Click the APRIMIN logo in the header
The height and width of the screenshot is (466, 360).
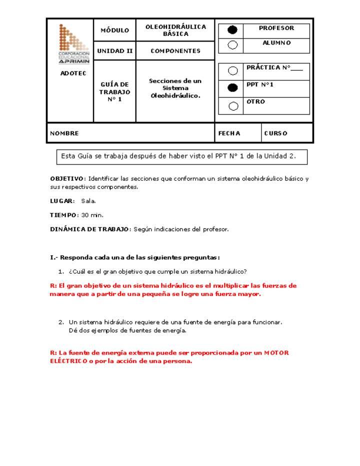pyautogui.click(x=73, y=43)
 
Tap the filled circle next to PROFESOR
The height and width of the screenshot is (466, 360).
pyautogui.click(x=232, y=30)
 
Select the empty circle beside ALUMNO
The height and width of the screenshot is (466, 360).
pyautogui.click(x=232, y=45)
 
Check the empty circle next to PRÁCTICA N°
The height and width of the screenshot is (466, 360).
pyautogui.click(x=232, y=70)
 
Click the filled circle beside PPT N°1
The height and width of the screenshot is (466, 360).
pyautogui.click(x=232, y=88)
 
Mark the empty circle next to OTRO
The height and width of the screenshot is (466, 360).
pyautogui.click(x=232, y=105)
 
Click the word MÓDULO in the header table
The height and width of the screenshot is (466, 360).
pyautogui.click(x=114, y=30)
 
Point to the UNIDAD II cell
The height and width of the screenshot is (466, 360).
pyautogui.click(x=114, y=51)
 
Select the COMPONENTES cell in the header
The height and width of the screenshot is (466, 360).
pyautogui.click(x=175, y=51)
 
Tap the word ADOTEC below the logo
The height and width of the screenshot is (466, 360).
pyautogui.click(x=73, y=73)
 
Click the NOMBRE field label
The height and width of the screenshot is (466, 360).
pyautogui.click(x=64, y=133)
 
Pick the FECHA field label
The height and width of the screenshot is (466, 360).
pyautogui.click(x=229, y=133)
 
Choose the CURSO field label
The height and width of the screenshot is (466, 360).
pyautogui.click(x=275, y=133)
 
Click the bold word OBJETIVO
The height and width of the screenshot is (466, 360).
pyautogui.click(x=67, y=178)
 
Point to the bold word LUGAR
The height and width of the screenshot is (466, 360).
pyautogui.click(x=61, y=201)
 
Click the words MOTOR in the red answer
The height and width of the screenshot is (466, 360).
pyautogui.click(x=276, y=352)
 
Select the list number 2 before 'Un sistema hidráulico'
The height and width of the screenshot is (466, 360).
pyautogui.click(x=60, y=322)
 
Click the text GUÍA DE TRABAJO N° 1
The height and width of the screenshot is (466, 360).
pyautogui.click(x=114, y=91)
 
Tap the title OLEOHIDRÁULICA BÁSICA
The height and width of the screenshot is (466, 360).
pyautogui.click(x=175, y=30)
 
